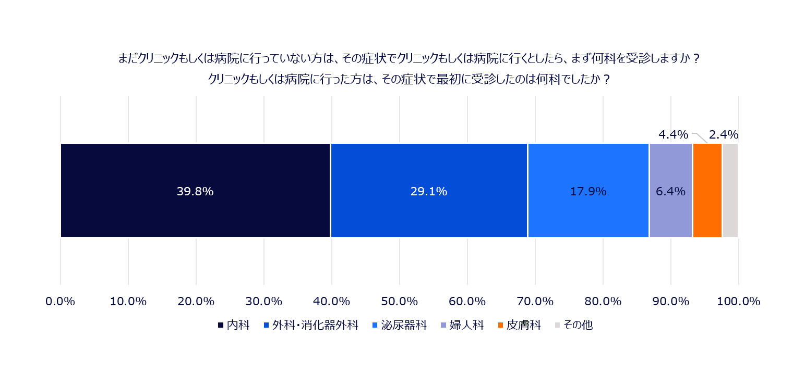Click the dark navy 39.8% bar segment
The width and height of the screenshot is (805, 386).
[x=195, y=190]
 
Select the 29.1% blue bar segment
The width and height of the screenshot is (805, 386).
[x=429, y=190]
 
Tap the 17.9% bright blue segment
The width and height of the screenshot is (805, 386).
[x=588, y=190]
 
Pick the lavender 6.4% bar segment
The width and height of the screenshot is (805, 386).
[x=670, y=190]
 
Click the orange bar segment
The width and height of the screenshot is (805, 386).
[x=707, y=190]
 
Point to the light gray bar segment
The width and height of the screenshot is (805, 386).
[x=730, y=190]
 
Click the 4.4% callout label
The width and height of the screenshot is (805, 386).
[x=673, y=134]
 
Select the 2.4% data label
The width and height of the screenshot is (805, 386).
[x=724, y=134]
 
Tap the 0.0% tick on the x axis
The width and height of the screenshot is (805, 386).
[x=60, y=301]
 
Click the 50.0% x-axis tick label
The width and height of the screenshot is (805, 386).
[x=399, y=301]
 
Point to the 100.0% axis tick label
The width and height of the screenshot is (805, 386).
[x=739, y=301]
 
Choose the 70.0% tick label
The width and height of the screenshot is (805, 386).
[x=535, y=301]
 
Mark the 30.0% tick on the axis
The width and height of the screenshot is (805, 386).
[x=263, y=301]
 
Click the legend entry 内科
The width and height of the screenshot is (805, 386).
[x=234, y=325]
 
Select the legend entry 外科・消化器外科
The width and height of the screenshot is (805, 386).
[x=311, y=325]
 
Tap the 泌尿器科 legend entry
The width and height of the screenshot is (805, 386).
[x=400, y=325]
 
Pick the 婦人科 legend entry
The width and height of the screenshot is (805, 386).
[x=462, y=325]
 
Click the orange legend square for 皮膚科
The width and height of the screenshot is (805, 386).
[x=500, y=325]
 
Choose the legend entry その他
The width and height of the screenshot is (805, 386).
[x=574, y=325]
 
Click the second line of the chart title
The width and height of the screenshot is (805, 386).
[x=409, y=79]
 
